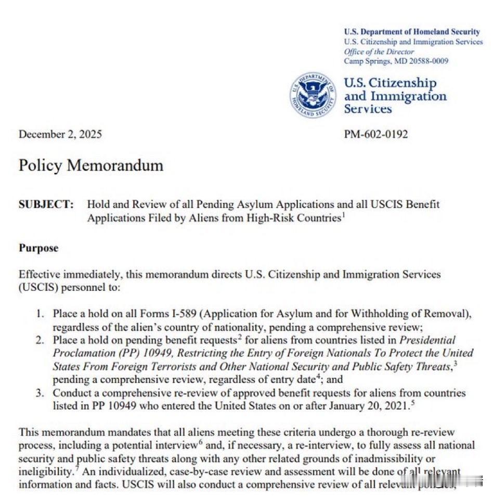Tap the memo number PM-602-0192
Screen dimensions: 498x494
(x=375, y=134)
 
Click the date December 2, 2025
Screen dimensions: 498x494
(x=60, y=134)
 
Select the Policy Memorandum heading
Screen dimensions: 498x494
(x=91, y=165)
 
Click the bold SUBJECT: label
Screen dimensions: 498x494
(x=46, y=205)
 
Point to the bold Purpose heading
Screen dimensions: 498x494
(x=38, y=248)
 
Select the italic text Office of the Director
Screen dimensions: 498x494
(x=379, y=52)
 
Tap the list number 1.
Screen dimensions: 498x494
(x=40, y=314)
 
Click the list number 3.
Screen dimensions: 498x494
(x=40, y=393)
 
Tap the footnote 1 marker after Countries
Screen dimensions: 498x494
(x=342, y=215)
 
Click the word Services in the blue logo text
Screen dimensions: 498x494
(x=368, y=109)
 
